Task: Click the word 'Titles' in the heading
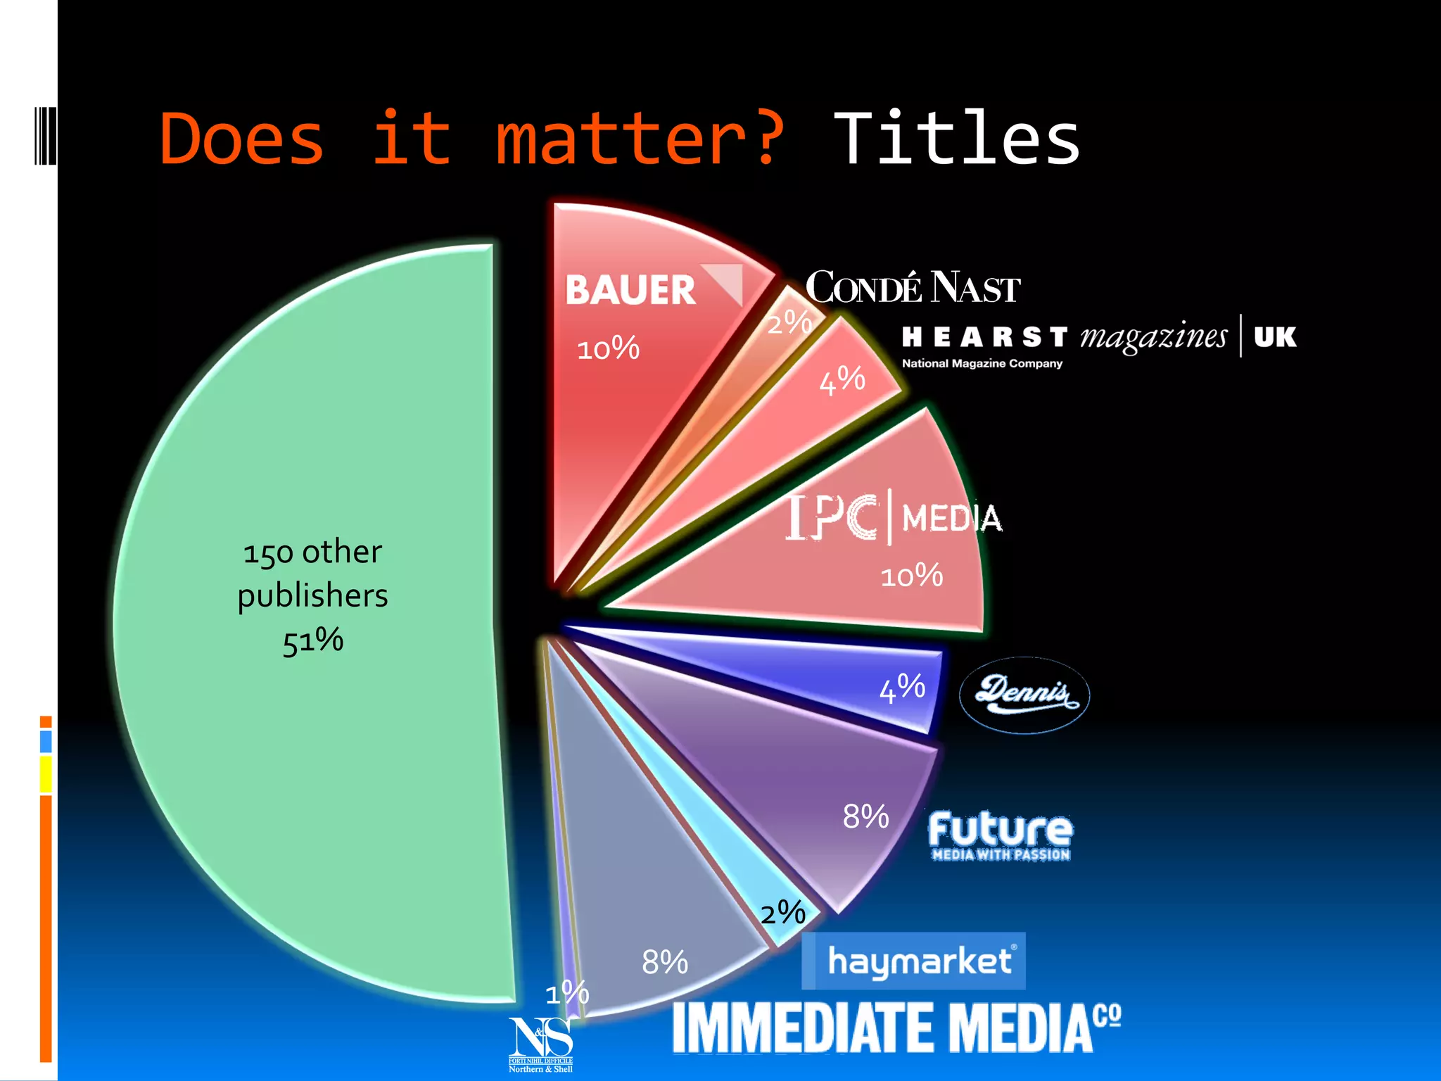click(956, 139)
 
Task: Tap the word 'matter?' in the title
click(640, 139)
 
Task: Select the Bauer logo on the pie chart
click(653, 289)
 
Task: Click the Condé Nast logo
click(913, 287)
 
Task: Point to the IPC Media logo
click(894, 517)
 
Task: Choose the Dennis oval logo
click(1024, 695)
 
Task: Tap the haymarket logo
click(913, 961)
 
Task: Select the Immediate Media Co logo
click(896, 1028)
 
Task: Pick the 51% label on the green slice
click(313, 640)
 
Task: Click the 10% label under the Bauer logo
click(608, 348)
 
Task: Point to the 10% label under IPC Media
click(911, 576)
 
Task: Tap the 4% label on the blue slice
click(902, 688)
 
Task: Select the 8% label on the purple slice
click(866, 816)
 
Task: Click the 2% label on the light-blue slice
click(783, 913)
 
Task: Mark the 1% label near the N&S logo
click(567, 993)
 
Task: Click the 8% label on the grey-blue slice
click(665, 962)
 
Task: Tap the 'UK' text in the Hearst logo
click(1275, 337)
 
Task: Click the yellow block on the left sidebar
click(46, 774)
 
